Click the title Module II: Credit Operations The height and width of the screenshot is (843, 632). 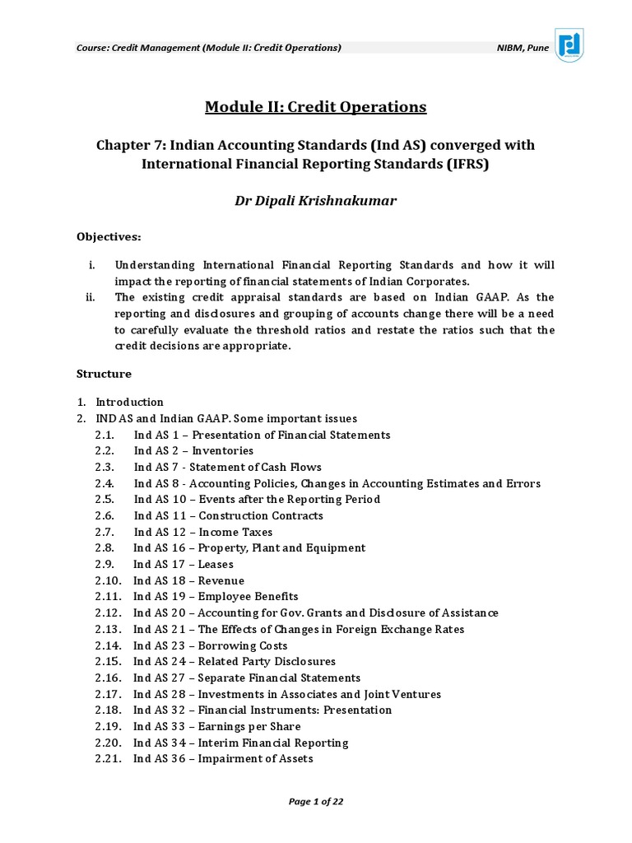(x=315, y=107)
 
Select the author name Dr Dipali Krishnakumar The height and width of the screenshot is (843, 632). (x=315, y=201)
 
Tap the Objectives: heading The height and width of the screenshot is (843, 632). (x=109, y=237)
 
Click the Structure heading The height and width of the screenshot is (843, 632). (x=104, y=374)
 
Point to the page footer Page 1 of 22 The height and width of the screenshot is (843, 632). (x=315, y=802)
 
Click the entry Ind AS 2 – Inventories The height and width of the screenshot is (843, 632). (x=193, y=451)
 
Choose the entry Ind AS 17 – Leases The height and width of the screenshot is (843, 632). (x=184, y=565)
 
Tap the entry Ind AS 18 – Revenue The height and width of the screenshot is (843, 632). (x=189, y=580)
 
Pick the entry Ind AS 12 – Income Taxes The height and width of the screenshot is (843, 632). (x=203, y=533)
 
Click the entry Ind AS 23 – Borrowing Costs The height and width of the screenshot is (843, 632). (x=211, y=645)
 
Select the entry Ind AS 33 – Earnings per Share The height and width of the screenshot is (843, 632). (x=217, y=726)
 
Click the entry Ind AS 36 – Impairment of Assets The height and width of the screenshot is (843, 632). (x=223, y=758)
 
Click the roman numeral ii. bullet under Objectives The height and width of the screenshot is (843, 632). (x=91, y=297)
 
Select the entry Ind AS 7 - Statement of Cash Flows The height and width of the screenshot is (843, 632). (x=228, y=468)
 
